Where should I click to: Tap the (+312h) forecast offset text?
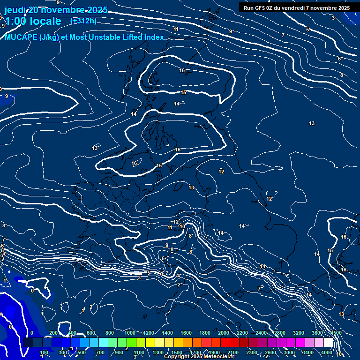coord(83,21)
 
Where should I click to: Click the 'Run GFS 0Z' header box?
coord(296,7)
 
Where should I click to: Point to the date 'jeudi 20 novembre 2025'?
coord(56,10)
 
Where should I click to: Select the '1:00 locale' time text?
coord(33,21)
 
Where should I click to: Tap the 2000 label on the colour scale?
coord(224,333)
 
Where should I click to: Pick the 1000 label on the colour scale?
coord(130,333)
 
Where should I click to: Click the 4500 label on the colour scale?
coord(336,333)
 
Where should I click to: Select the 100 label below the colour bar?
coord(44,352)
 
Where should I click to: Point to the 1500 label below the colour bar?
coord(177,352)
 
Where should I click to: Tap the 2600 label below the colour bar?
coord(270,352)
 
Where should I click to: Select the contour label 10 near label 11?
coord(182,226)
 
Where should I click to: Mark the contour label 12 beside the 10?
coord(176,222)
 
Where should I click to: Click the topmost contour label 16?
coord(182,70)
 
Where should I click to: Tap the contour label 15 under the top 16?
coord(183,92)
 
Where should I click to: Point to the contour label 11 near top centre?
coord(176,30)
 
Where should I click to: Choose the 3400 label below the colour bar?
coord(308,352)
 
